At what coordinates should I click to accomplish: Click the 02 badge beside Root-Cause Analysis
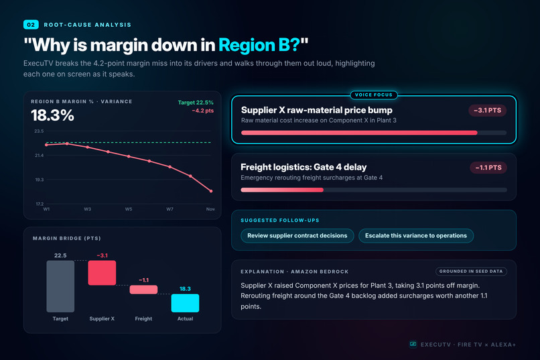[31, 25]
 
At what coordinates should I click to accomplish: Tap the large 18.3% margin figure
[52, 115]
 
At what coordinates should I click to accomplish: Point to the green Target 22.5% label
[196, 103]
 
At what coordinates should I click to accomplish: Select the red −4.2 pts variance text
[203, 111]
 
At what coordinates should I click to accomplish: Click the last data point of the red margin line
[211, 191]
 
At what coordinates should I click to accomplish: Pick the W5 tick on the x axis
[129, 209]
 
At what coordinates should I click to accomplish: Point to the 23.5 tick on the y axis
[39, 131]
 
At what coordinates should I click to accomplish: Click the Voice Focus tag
[374, 95]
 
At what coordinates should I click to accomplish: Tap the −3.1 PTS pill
[487, 111]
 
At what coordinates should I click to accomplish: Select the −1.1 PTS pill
[488, 168]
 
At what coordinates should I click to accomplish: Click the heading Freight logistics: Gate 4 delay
[303, 167]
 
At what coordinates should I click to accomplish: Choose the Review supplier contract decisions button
[297, 235]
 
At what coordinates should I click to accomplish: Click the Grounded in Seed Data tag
[471, 272]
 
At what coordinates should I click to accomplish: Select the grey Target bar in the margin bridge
[60, 286]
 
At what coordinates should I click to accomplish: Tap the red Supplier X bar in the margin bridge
[102, 273]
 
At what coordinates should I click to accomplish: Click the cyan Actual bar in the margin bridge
[185, 303]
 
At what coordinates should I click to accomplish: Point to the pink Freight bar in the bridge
[143, 290]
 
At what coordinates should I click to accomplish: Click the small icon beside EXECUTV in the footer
[413, 344]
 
